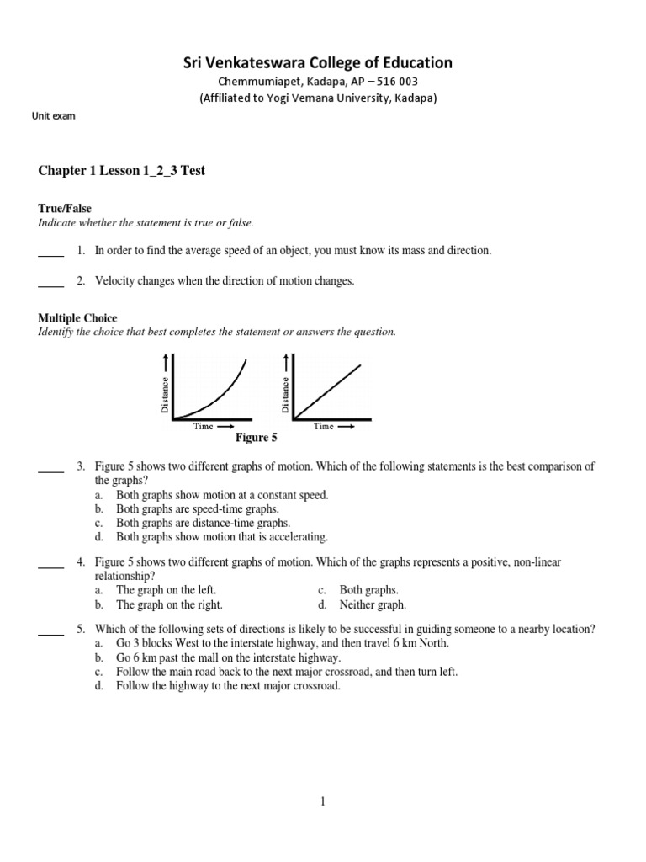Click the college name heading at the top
pos(318,62)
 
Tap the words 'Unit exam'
pos(53,116)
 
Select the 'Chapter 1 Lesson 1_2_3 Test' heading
pos(122,171)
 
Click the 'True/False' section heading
pos(65,208)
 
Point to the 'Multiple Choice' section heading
pos(77,318)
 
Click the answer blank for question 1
pos(50,253)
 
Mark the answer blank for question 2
pos(50,283)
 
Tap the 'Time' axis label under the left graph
pos(204,426)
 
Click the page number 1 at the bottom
pos(322,802)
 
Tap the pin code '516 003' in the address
pos(394,81)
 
